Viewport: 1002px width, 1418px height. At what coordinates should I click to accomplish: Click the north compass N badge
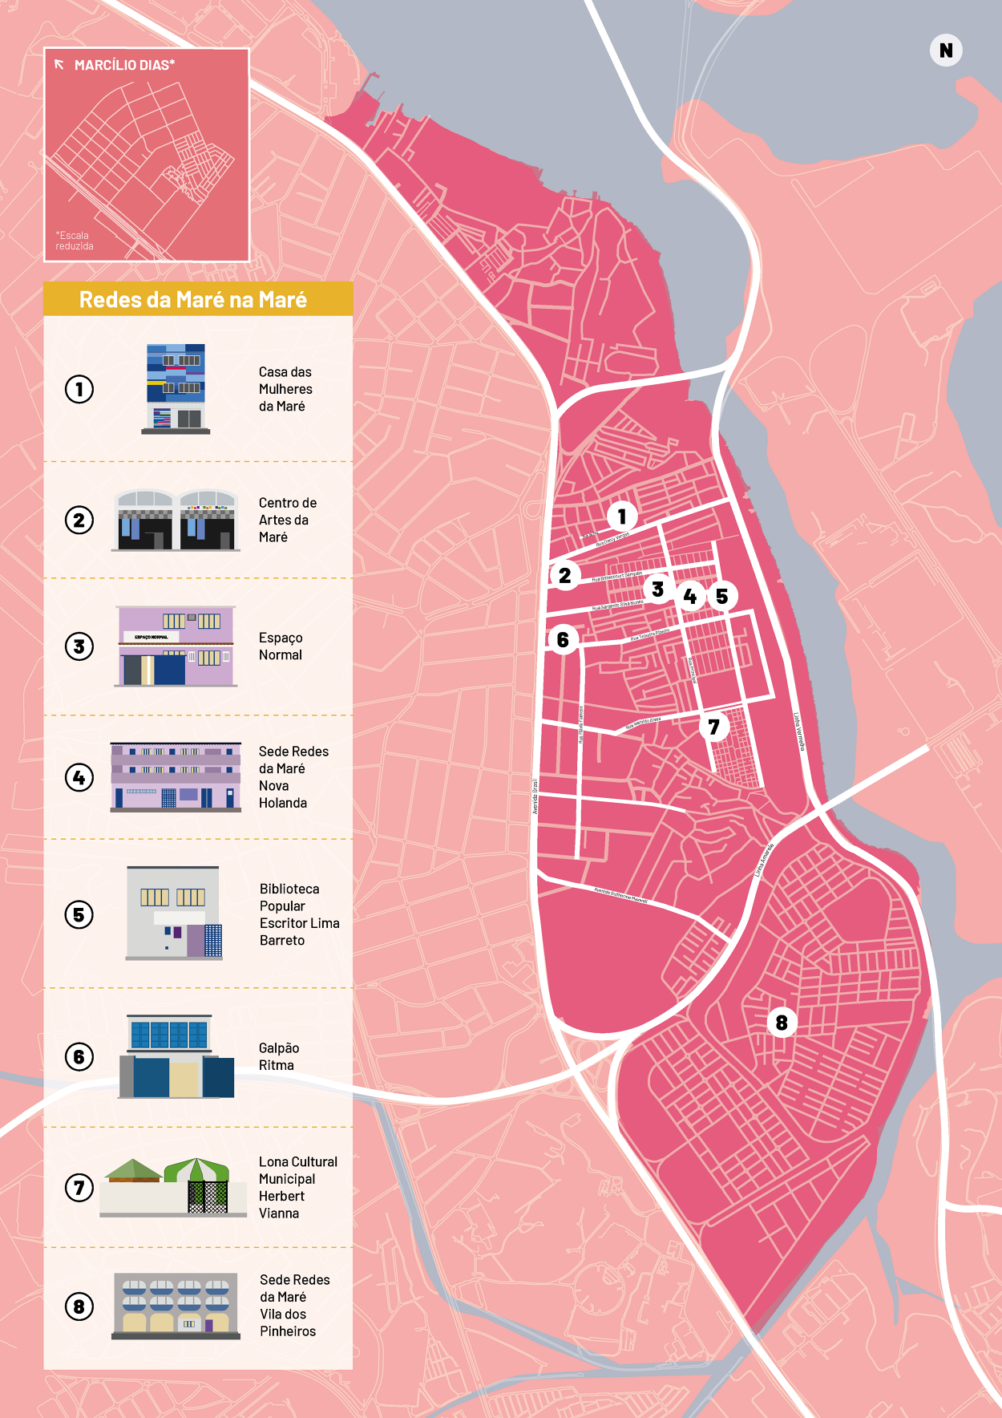coord(946,51)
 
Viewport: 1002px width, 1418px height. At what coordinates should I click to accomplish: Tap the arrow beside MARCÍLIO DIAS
coord(59,65)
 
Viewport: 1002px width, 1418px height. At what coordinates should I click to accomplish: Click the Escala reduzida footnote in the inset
coord(74,241)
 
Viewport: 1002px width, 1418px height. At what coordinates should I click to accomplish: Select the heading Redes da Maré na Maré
coord(193,299)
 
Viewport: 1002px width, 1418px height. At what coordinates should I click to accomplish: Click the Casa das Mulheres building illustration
coord(176,389)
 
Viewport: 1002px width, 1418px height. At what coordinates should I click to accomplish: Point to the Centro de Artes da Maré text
coord(287,520)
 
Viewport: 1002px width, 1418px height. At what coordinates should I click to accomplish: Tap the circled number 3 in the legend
coord(79,646)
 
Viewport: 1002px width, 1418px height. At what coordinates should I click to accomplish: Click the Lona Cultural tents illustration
coord(173,1187)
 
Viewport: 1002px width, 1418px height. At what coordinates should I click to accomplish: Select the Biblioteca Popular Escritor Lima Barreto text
coord(299,914)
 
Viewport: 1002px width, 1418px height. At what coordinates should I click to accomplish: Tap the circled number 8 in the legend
coord(79,1307)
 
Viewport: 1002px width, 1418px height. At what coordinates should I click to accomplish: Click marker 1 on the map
coord(622,517)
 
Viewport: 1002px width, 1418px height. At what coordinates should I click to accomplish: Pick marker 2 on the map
coord(564,575)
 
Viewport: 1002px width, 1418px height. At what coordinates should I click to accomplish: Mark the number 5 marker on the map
coord(721,596)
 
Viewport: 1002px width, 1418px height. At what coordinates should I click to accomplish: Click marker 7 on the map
coord(713,727)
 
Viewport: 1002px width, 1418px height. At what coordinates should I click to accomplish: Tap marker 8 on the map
coord(782,1023)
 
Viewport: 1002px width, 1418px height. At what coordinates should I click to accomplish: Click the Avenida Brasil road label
coord(535,796)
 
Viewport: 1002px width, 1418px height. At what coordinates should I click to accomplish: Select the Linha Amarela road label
coord(764,860)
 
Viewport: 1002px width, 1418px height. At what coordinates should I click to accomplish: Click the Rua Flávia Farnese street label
coord(580,724)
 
